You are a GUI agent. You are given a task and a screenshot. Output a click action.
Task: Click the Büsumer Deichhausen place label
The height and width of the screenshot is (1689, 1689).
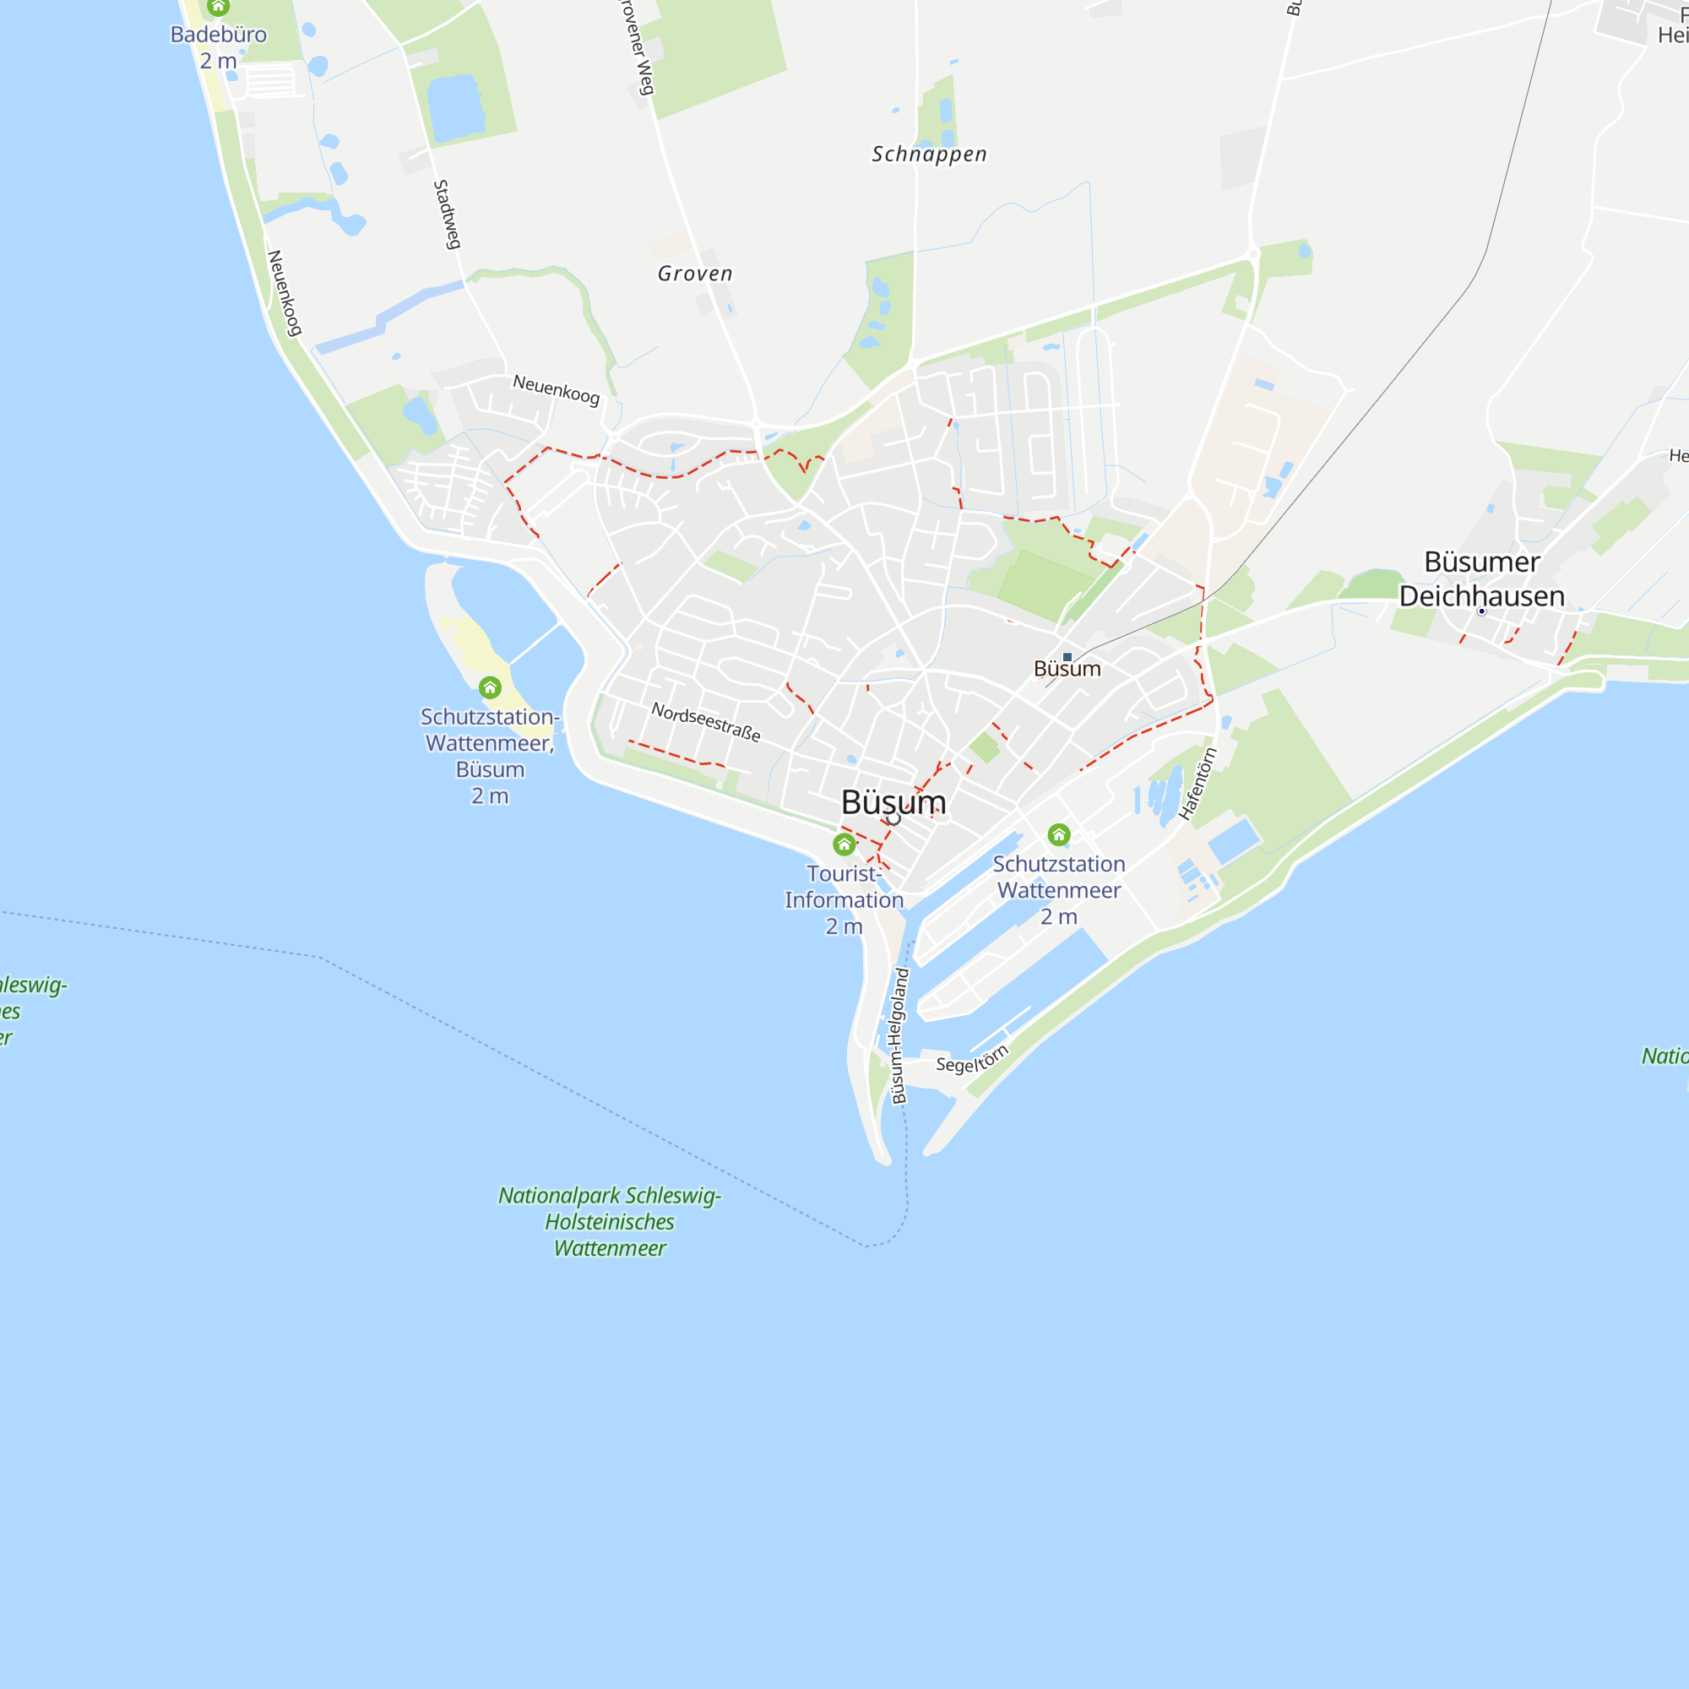point(1482,578)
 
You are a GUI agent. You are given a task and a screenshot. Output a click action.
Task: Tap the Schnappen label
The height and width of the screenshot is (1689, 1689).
point(929,155)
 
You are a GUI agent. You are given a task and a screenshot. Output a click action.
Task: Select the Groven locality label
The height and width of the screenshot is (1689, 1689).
point(695,274)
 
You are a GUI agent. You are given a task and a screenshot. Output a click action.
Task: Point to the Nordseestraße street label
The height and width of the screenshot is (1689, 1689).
point(705,722)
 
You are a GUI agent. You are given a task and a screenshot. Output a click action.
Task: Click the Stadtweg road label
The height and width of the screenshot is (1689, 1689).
point(447,215)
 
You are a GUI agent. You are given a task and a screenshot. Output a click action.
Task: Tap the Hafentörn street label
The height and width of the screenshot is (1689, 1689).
point(1197,784)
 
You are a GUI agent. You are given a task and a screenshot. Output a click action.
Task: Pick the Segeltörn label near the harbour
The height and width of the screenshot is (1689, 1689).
point(972,1060)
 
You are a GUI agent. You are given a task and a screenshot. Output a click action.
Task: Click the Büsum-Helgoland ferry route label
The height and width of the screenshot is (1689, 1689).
point(899,1036)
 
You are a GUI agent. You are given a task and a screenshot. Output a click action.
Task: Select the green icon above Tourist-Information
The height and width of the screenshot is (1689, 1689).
point(844,844)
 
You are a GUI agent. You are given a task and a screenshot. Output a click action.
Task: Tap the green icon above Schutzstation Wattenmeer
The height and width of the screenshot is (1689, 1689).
point(1059,835)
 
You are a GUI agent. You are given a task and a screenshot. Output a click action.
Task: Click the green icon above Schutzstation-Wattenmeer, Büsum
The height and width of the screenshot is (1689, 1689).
point(490,687)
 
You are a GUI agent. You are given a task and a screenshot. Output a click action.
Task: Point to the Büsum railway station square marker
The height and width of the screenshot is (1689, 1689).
point(1067,657)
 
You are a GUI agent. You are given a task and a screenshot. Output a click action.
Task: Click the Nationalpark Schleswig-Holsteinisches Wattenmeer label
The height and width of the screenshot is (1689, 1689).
point(610,1221)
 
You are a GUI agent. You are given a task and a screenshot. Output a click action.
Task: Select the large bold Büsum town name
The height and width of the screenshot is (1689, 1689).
point(893,802)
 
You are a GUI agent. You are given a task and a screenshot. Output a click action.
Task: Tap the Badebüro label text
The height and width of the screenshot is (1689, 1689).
point(219,35)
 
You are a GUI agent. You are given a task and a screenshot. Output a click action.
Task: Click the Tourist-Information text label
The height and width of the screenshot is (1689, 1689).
point(844,887)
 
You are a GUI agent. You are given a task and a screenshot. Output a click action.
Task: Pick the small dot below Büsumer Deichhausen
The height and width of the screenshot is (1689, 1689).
point(1482,612)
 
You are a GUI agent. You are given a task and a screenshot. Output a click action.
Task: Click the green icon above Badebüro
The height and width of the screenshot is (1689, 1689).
point(219,8)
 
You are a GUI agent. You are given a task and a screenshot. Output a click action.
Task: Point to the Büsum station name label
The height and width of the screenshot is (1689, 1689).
point(1067,670)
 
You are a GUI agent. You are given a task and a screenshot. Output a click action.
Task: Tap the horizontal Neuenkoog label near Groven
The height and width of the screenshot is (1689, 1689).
point(556,389)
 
